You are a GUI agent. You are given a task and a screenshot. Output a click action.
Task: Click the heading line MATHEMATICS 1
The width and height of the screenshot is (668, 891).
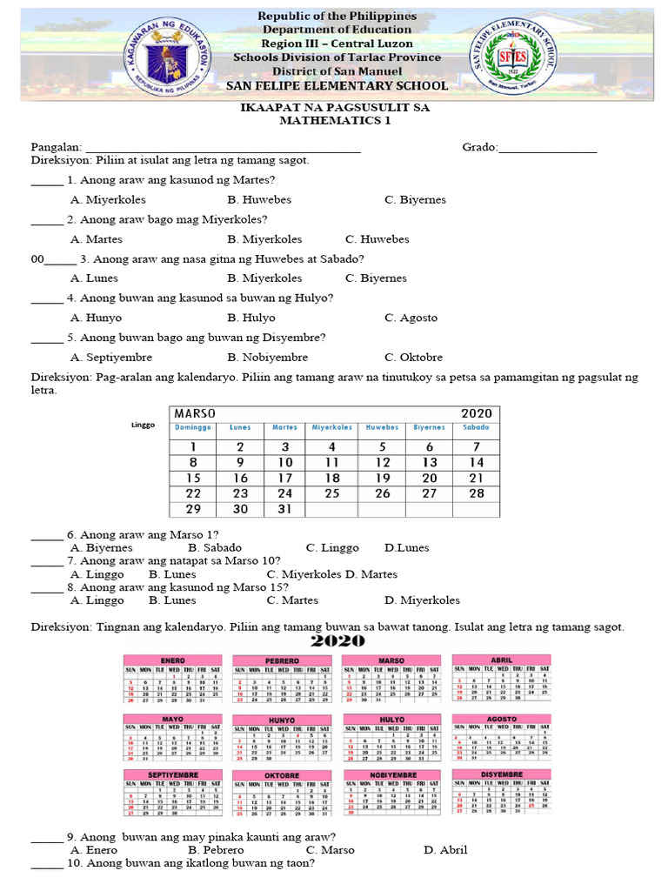[x=335, y=121]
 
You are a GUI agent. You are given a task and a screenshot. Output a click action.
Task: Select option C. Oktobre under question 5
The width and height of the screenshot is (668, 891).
[x=413, y=357]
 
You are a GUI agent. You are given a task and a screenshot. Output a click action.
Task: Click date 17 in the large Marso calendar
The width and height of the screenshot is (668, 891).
[x=285, y=478]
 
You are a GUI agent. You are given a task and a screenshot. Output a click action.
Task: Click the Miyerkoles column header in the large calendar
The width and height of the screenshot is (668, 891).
[x=332, y=427]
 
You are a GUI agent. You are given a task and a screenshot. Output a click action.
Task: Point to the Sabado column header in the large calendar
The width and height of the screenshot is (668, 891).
[x=476, y=427]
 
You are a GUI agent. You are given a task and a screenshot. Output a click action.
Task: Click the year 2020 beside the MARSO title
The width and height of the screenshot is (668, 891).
[x=476, y=413]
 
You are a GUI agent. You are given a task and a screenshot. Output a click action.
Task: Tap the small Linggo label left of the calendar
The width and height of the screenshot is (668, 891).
[x=143, y=425]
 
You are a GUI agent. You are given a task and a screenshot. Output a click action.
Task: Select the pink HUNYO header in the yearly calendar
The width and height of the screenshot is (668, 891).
[x=281, y=720]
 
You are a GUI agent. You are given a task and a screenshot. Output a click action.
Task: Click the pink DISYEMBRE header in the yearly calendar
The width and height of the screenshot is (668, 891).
[x=500, y=774]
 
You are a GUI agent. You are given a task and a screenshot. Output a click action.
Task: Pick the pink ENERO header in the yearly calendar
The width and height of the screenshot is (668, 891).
[x=172, y=660]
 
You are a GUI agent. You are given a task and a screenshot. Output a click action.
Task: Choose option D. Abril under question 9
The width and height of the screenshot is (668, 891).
[x=445, y=850]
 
